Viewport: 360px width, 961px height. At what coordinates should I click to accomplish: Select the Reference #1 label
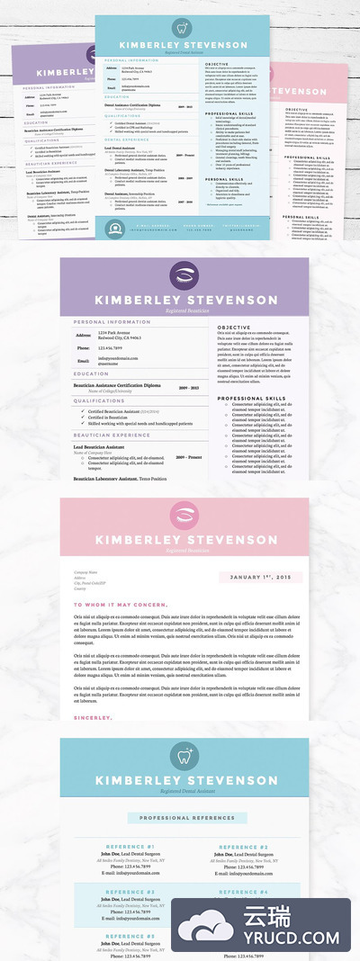click(x=130, y=848)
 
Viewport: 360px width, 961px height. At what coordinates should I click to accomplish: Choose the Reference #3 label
click(x=130, y=893)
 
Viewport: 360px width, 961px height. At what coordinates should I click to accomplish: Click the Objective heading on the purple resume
click(x=234, y=328)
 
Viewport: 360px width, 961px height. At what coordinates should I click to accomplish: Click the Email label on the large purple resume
click(x=80, y=359)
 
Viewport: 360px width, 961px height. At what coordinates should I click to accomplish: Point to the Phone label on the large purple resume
click(x=81, y=346)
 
